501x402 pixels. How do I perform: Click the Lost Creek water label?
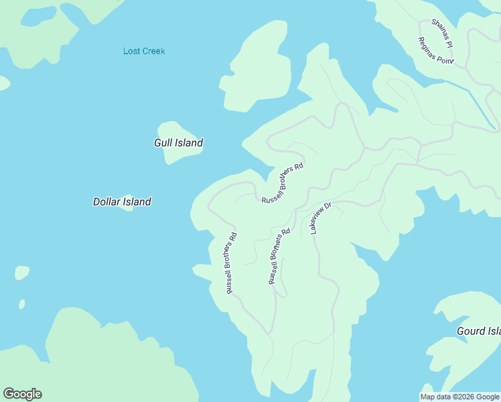tap(144, 51)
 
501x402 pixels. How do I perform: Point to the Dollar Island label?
tap(122, 201)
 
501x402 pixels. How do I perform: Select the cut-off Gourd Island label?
tap(478, 331)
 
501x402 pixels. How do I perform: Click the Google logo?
tap(22, 394)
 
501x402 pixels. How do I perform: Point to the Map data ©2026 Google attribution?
tap(460, 397)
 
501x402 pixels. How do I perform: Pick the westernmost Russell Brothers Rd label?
tap(232, 263)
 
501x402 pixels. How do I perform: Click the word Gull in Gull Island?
tap(163, 143)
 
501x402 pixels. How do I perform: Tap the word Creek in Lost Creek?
tap(154, 51)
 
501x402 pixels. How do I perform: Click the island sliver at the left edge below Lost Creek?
tap(3, 83)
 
